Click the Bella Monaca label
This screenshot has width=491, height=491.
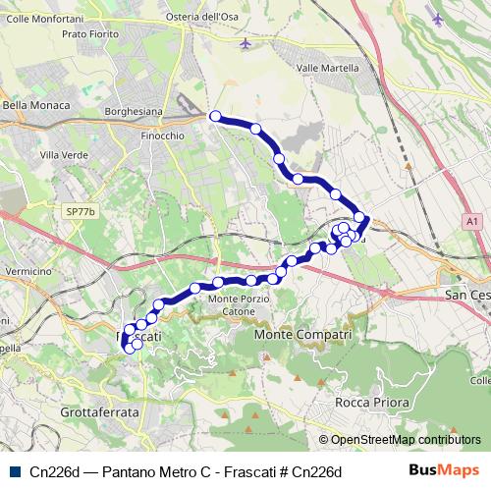[36, 105]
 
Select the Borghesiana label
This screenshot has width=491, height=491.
[134, 113]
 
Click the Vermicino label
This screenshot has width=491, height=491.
[27, 270]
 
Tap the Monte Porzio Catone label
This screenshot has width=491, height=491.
[237, 304]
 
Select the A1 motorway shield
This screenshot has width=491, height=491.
[473, 222]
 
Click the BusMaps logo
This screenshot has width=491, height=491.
[444, 471]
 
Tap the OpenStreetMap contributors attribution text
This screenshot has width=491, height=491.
[400, 441]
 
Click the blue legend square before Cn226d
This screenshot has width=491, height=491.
[14, 471]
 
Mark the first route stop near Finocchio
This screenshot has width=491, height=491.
[215, 116]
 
